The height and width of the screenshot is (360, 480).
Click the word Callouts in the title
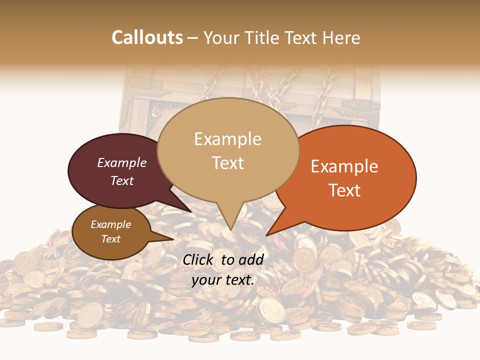(x=147, y=37)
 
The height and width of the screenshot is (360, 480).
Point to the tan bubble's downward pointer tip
(x=230, y=229)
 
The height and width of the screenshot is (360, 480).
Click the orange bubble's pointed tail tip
(x=267, y=234)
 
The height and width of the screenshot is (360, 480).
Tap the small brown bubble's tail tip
(x=172, y=239)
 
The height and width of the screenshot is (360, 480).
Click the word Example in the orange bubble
(x=344, y=166)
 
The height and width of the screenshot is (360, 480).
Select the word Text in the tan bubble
(x=228, y=163)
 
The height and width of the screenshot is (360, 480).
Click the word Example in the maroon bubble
(x=122, y=162)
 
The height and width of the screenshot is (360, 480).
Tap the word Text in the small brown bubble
(x=111, y=239)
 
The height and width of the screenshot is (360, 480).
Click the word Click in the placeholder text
(x=198, y=259)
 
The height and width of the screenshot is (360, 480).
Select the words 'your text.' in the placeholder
(x=223, y=280)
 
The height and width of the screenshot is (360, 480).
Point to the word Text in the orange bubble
(x=344, y=190)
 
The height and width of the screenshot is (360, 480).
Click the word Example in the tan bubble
(x=228, y=139)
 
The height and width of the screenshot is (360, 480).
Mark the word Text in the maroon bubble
(x=122, y=181)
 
